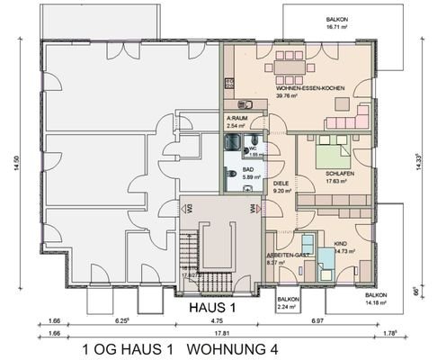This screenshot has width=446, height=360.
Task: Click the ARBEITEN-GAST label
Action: click(288, 256)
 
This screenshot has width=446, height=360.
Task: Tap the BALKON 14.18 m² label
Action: click(377, 299)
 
